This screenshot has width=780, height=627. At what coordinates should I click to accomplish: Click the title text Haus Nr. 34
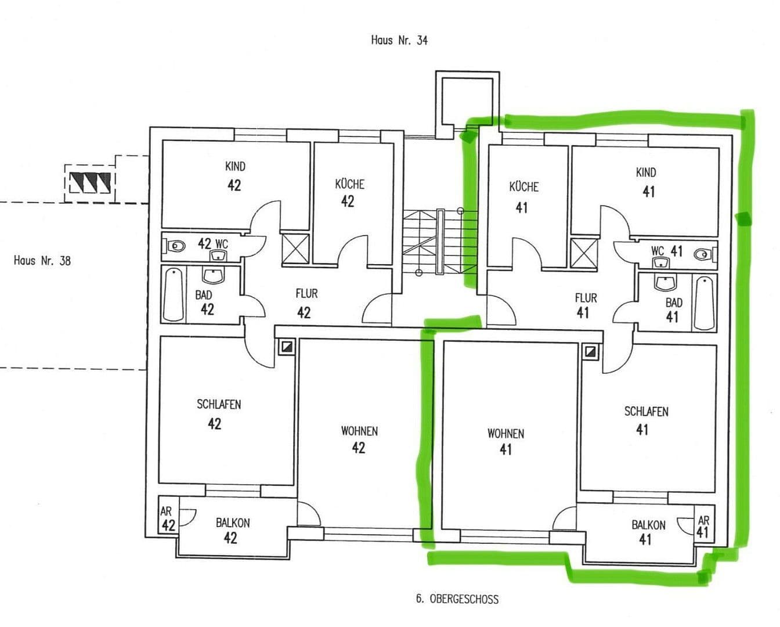399,41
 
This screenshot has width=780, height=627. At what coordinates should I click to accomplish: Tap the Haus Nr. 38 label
42,261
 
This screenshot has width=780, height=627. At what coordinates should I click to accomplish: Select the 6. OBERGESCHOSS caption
457,599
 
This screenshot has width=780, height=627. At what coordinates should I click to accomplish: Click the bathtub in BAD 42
172,294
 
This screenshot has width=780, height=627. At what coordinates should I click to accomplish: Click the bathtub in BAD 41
704,303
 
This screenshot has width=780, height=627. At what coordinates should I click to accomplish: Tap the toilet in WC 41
703,254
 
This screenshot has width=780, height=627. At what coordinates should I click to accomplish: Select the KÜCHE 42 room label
349,193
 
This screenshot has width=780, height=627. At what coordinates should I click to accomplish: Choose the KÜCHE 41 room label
523,196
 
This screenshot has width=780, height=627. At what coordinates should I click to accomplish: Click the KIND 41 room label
646,181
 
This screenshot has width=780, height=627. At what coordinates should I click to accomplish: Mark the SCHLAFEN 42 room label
218,414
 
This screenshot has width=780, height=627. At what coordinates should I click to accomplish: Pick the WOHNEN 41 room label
505,441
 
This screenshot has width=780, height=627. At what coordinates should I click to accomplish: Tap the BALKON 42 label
232,530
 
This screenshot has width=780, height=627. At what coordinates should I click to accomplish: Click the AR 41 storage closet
703,527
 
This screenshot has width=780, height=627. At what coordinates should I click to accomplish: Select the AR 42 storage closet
168,519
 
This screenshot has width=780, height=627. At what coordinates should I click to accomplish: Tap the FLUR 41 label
585,305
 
